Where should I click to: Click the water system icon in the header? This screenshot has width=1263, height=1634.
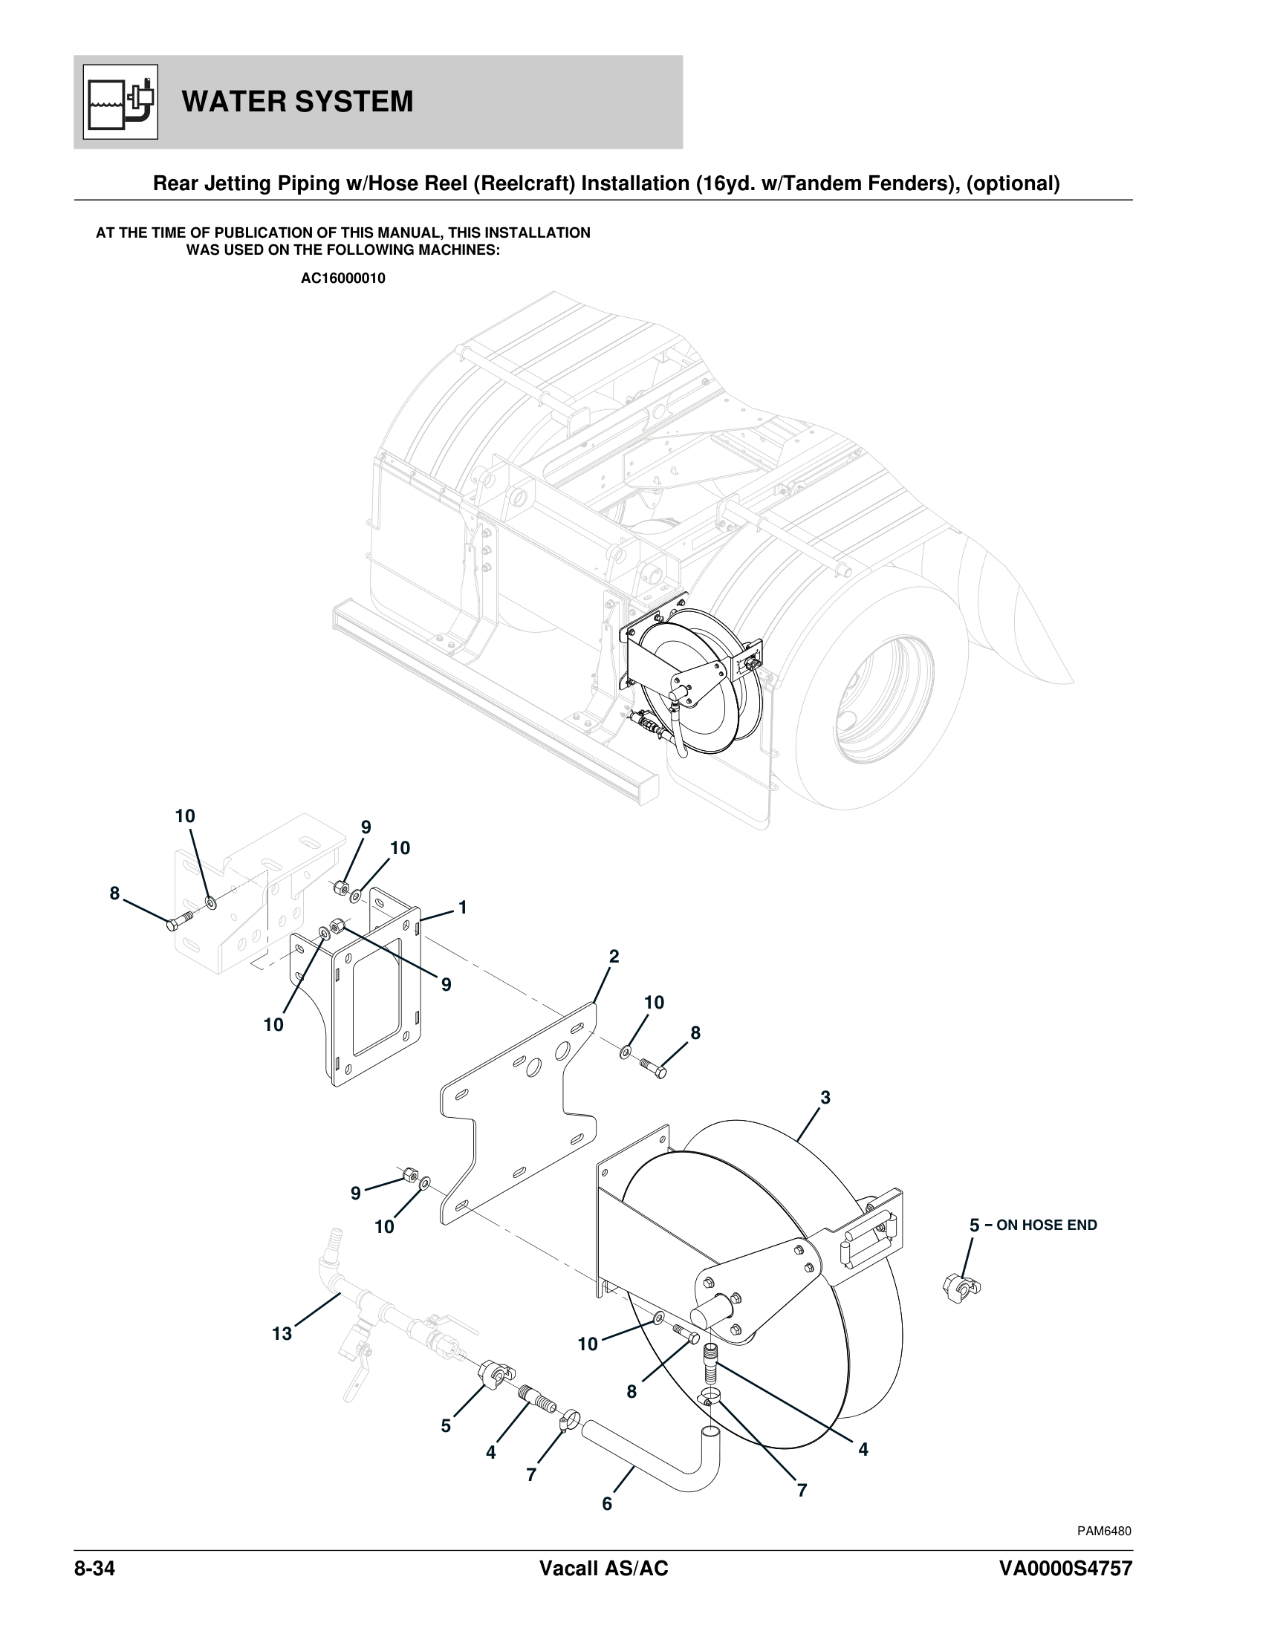120,102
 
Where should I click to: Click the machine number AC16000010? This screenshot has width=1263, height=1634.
342,279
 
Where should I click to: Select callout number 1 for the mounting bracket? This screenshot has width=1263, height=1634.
462,908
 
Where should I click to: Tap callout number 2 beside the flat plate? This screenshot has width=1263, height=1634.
614,956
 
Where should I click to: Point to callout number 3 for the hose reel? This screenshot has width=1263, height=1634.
825,1098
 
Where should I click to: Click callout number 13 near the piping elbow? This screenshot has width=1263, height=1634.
282,1333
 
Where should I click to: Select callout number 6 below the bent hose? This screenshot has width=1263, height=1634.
607,1503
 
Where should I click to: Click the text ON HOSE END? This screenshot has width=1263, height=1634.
1046,1225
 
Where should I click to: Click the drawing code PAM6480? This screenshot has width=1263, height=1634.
1103,1531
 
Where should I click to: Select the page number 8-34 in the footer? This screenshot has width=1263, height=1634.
94,1568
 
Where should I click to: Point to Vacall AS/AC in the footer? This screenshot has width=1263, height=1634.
603,1568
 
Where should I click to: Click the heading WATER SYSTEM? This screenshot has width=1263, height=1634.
297,102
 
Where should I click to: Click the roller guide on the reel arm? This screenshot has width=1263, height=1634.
868,1235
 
